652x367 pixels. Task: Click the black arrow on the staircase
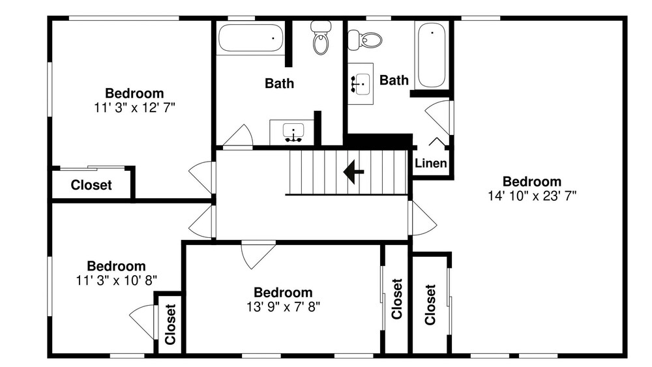pos(353,171)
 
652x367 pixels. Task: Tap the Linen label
pos(431,163)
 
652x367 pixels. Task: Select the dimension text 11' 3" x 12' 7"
pos(134,108)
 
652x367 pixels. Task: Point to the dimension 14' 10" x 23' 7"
pos(532,196)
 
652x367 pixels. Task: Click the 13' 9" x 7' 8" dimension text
pos(283,307)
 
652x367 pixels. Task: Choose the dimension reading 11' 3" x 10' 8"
pos(116,280)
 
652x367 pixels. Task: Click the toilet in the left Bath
pos(321,38)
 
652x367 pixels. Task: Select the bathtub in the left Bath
pos(251,38)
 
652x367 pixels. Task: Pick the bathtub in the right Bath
pos(432,55)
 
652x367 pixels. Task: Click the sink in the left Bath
pos(293,132)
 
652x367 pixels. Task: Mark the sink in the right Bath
pos(361,84)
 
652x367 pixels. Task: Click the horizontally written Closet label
pos(91,185)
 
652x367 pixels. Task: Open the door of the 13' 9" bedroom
pos(258,254)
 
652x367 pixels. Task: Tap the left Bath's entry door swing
pos(238,136)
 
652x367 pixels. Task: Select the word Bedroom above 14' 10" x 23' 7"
pos(532,182)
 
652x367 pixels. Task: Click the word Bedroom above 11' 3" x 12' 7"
pos(134,93)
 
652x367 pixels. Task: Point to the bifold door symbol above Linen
pos(437,141)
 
